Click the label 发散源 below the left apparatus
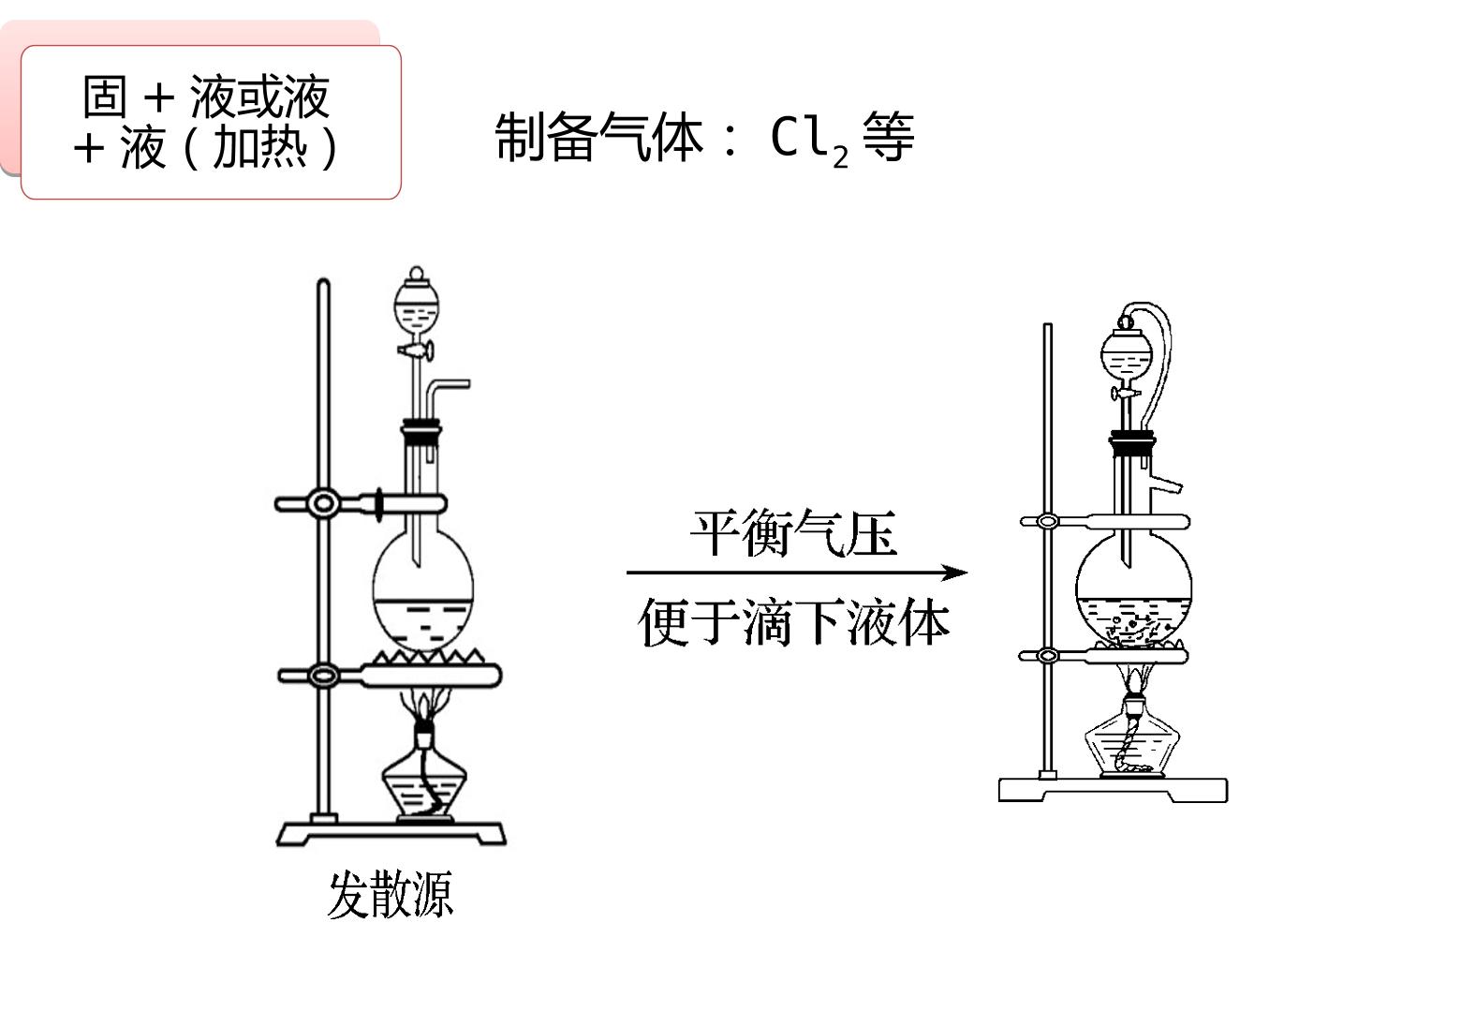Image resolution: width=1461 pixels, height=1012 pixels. coord(390,894)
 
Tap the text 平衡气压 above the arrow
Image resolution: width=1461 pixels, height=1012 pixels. coord(794,533)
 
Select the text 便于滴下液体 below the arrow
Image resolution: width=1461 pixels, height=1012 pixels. coord(794,622)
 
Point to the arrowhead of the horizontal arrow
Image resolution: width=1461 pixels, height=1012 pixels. coord(954,573)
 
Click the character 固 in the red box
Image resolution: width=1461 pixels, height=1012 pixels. coord(104,97)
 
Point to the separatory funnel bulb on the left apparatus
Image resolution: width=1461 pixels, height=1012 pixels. coord(417,304)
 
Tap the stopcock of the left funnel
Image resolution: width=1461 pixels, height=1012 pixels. coord(416,351)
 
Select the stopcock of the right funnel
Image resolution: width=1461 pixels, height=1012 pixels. coord(1127,393)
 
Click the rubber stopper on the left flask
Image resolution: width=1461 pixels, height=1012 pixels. coord(421,432)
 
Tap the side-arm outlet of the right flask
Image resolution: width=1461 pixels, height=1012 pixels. coord(1166,484)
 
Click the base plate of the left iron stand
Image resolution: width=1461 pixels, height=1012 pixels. coord(391,834)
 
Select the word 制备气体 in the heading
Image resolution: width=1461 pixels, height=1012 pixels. coord(598,137)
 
